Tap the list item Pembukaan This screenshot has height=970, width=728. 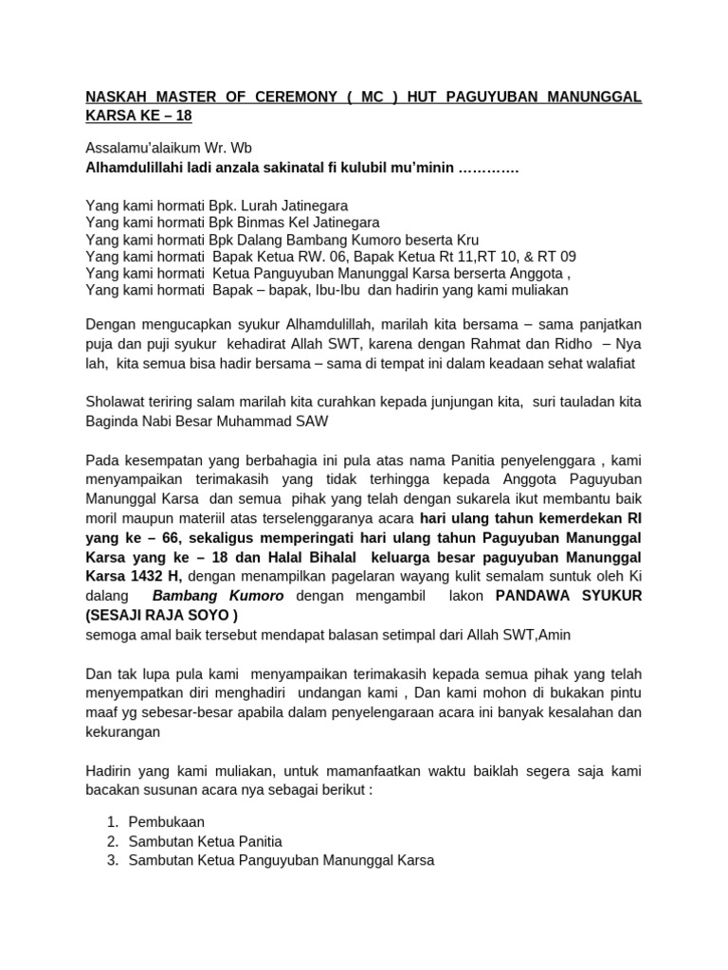pyautogui.click(x=166, y=822)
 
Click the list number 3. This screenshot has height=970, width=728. pyautogui.click(x=112, y=860)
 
